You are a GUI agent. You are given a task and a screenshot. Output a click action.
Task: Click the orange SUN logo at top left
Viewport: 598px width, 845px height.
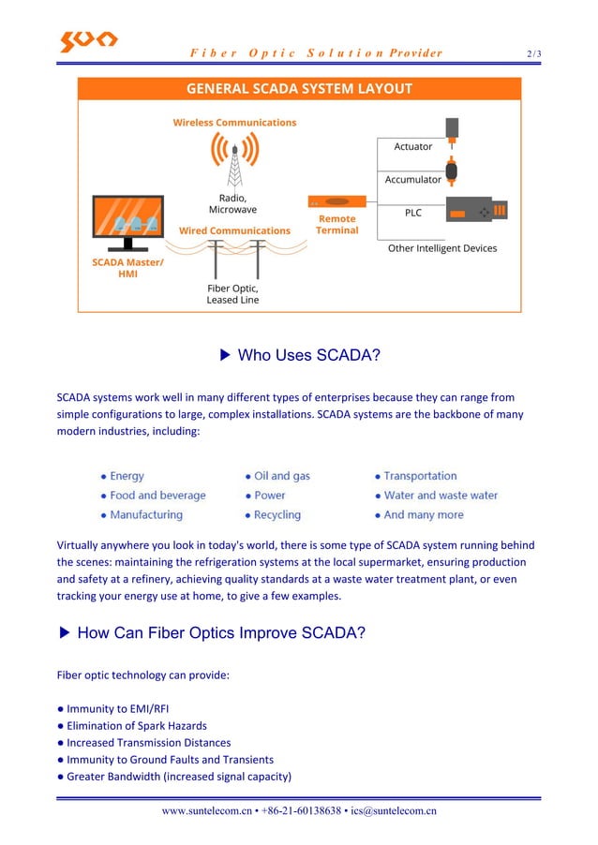coord(88,41)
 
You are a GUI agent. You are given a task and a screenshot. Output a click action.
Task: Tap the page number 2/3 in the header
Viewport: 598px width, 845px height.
coord(533,53)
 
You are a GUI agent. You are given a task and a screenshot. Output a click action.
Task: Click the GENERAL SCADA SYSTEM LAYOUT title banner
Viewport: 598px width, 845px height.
coord(299,89)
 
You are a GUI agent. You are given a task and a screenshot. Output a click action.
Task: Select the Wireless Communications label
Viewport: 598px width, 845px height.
coord(234,123)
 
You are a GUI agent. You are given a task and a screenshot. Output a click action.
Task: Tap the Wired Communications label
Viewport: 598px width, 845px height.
coord(234,230)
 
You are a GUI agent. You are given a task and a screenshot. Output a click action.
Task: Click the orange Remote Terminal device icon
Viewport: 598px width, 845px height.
coord(336,201)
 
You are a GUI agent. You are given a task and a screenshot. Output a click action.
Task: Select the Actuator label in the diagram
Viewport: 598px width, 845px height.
coord(412,147)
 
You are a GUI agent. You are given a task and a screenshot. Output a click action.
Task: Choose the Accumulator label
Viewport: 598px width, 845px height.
coord(412,179)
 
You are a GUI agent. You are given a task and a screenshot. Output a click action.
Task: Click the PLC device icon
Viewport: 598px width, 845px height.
coord(477,211)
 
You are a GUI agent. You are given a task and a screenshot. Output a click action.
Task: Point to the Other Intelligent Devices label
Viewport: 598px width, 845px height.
coord(442,248)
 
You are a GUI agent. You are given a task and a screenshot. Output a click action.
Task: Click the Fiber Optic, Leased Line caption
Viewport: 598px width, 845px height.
coord(232,294)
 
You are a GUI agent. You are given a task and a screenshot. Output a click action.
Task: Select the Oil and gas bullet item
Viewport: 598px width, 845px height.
coord(281,476)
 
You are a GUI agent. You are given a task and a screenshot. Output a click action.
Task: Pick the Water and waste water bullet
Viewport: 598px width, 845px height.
coord(441,496)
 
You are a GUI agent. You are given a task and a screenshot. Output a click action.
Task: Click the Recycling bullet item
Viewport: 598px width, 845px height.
coord(277,515)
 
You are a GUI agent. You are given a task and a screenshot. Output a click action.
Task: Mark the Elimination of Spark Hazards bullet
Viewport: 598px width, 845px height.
coord(136,726)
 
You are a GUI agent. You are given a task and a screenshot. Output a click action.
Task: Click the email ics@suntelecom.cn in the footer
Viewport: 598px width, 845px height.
coord(394,811)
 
